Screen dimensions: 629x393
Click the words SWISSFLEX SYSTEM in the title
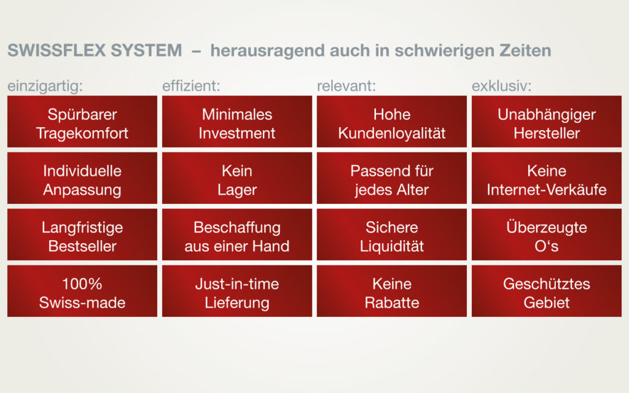pyautogui.click(x=95, y=50)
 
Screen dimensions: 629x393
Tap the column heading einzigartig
pyautogui.click(x=45, y=86)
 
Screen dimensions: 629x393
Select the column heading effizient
pyautogui.click(x=191, y=86)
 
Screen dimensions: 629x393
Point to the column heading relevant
pyautogui.click(x=346, y=86)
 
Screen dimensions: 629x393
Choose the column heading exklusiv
pyautogui.click(x=501, y=86)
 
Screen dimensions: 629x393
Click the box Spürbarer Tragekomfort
pyautogui.click(x=82, y=122)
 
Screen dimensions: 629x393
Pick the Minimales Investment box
pyautogui.click(x=237, y=122)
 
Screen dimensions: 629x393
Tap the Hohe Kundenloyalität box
pyautogui.click(x=392, y=122)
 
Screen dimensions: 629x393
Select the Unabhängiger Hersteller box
pyautogui.click(x=547, y=122)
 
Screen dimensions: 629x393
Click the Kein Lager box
pyautogui.click(x=237, y=178)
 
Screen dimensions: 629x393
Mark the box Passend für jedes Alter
pyautogui.click(x=392, y=178)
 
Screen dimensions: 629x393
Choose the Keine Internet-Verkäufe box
pyautogui.click(x=547, y=178)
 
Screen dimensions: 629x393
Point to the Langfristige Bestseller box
pyautogui.click(x=82, y=235)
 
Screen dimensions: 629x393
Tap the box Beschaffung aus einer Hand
pyautogui.click(x=237, y=235)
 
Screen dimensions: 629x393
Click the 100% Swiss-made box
pyautogui.click(x=82, y=291)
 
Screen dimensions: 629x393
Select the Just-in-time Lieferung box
pyautogui.click(x=237, y=291)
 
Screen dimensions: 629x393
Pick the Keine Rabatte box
pyautogui.click(x=392, y=291)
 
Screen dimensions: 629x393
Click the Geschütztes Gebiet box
pyautogui.click(x=547, y=291)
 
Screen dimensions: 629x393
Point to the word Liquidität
pyautogui.click(x=392, y=246)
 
